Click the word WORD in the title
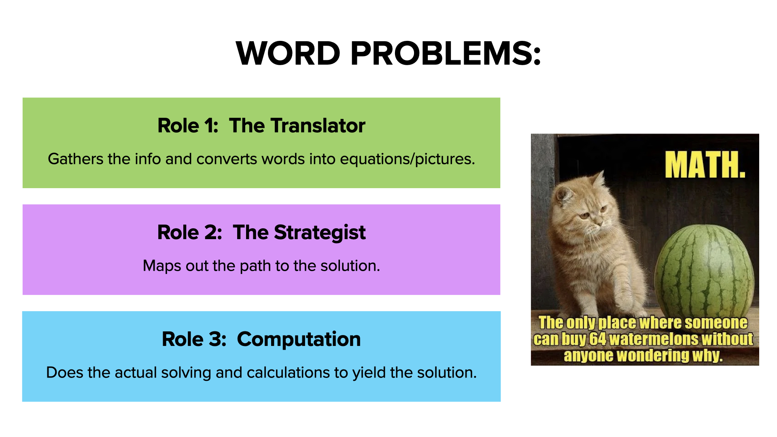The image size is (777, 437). click(288, 53)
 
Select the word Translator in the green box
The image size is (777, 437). click(317, 125)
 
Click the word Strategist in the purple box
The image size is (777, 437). click(320, 233)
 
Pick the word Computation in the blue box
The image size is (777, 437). click(299, 339)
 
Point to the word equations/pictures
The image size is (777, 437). click(407, 159)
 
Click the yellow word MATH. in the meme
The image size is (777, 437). click(705, 165)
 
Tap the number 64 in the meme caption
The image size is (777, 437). click(597, 339)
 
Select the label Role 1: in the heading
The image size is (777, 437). click(188, 125)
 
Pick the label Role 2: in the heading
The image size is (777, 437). click(190, 233)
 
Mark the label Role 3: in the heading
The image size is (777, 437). click(194, 339)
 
